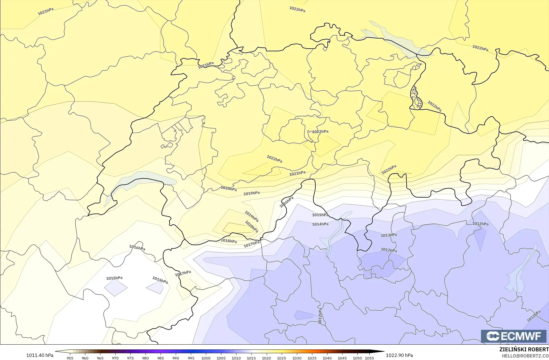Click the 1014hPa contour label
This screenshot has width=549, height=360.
click(320, 224)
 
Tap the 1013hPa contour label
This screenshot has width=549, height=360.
click(389, 235)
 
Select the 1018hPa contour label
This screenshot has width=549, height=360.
click(229, 241)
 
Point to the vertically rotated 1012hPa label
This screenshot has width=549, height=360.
click(320, 316)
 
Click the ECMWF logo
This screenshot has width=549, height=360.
click(513, 336)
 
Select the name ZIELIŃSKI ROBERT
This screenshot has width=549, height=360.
click(524, 349)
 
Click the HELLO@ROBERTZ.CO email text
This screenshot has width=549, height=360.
click(525, 356)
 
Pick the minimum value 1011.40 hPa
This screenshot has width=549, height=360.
click(40, 355)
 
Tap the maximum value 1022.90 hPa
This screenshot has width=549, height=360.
click(399, 355)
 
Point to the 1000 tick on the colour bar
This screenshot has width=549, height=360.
click(206, 358)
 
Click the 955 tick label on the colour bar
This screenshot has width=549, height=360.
click(70, 358)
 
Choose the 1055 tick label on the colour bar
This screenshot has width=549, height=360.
click(369, 358)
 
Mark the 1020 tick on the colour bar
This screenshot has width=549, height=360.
click(266, 358)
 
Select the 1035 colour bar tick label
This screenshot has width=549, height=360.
click(312, 358)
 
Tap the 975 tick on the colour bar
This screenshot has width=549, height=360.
click(130, 358)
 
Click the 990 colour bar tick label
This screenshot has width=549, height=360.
click(176, 358)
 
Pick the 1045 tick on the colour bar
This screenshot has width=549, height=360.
click(342, 358)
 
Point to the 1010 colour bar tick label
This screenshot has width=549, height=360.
click(236, 358)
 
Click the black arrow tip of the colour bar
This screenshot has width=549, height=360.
click(382, 352)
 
